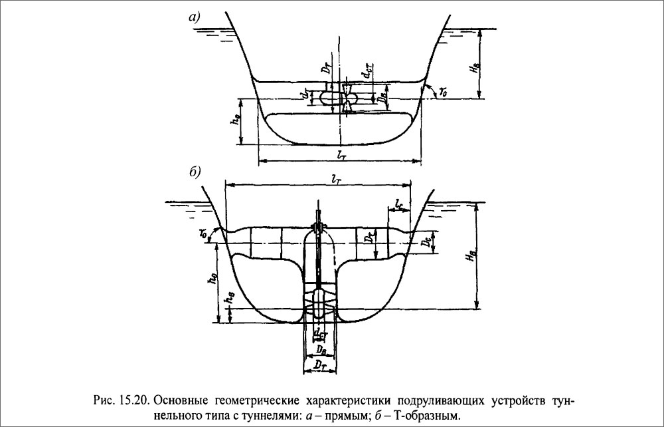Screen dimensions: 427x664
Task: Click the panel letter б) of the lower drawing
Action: click(x=195, y=172)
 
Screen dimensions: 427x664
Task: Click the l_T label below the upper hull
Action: click(x=341, y=155)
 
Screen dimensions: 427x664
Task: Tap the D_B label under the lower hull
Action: click(x=319, y=349)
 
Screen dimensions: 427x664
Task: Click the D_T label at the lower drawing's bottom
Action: click(x=319, y=364)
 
